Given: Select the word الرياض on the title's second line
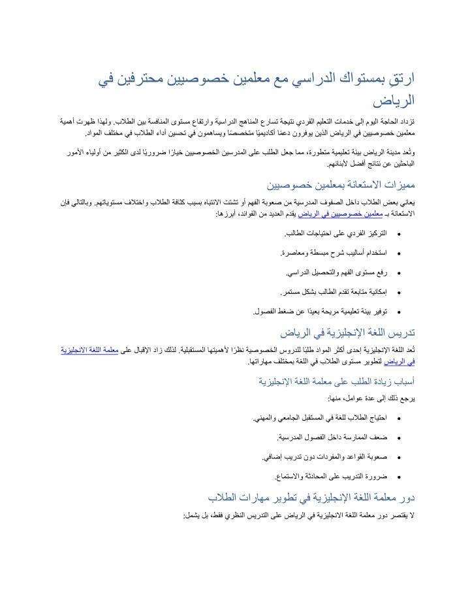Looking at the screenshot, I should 394,102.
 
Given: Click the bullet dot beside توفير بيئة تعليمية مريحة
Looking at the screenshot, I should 399,312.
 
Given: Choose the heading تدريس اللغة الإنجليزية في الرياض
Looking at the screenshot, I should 348,334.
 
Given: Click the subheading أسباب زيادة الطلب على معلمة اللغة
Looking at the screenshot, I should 337,382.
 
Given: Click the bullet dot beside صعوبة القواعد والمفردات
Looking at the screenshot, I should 399,457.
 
